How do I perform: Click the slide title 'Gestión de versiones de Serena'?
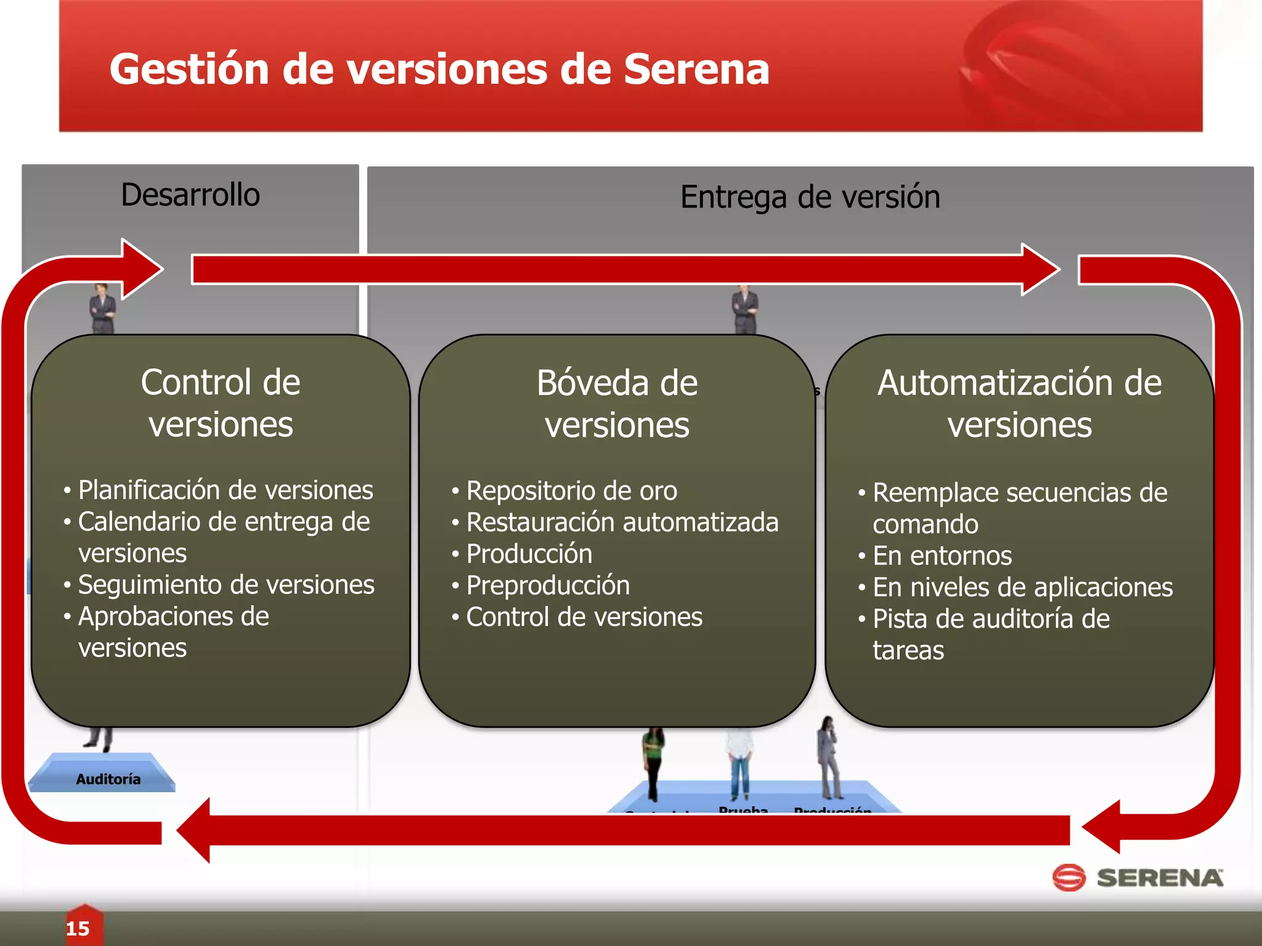point(439,69)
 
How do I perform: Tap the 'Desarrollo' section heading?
point(190,195)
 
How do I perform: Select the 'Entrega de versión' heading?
point(810,197)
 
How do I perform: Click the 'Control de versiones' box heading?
point(221,403)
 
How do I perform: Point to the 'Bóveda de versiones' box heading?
point(617,403)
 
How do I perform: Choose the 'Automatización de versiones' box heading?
point(1019,403)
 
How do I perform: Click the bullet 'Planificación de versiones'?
point(226,490)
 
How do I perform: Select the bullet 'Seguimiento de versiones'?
point(226,584)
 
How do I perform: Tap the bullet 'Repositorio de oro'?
point(571,491)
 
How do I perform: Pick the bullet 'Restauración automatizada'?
point(622,522)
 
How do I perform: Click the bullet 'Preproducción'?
point(548,585)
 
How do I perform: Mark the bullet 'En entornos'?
point(942,556)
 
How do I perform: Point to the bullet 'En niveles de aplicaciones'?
point(1022,587)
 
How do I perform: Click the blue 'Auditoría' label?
point(108,779)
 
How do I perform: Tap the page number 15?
point(78,928)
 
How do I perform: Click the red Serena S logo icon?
point(1069,877)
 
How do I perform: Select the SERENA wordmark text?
point(1160,878)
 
